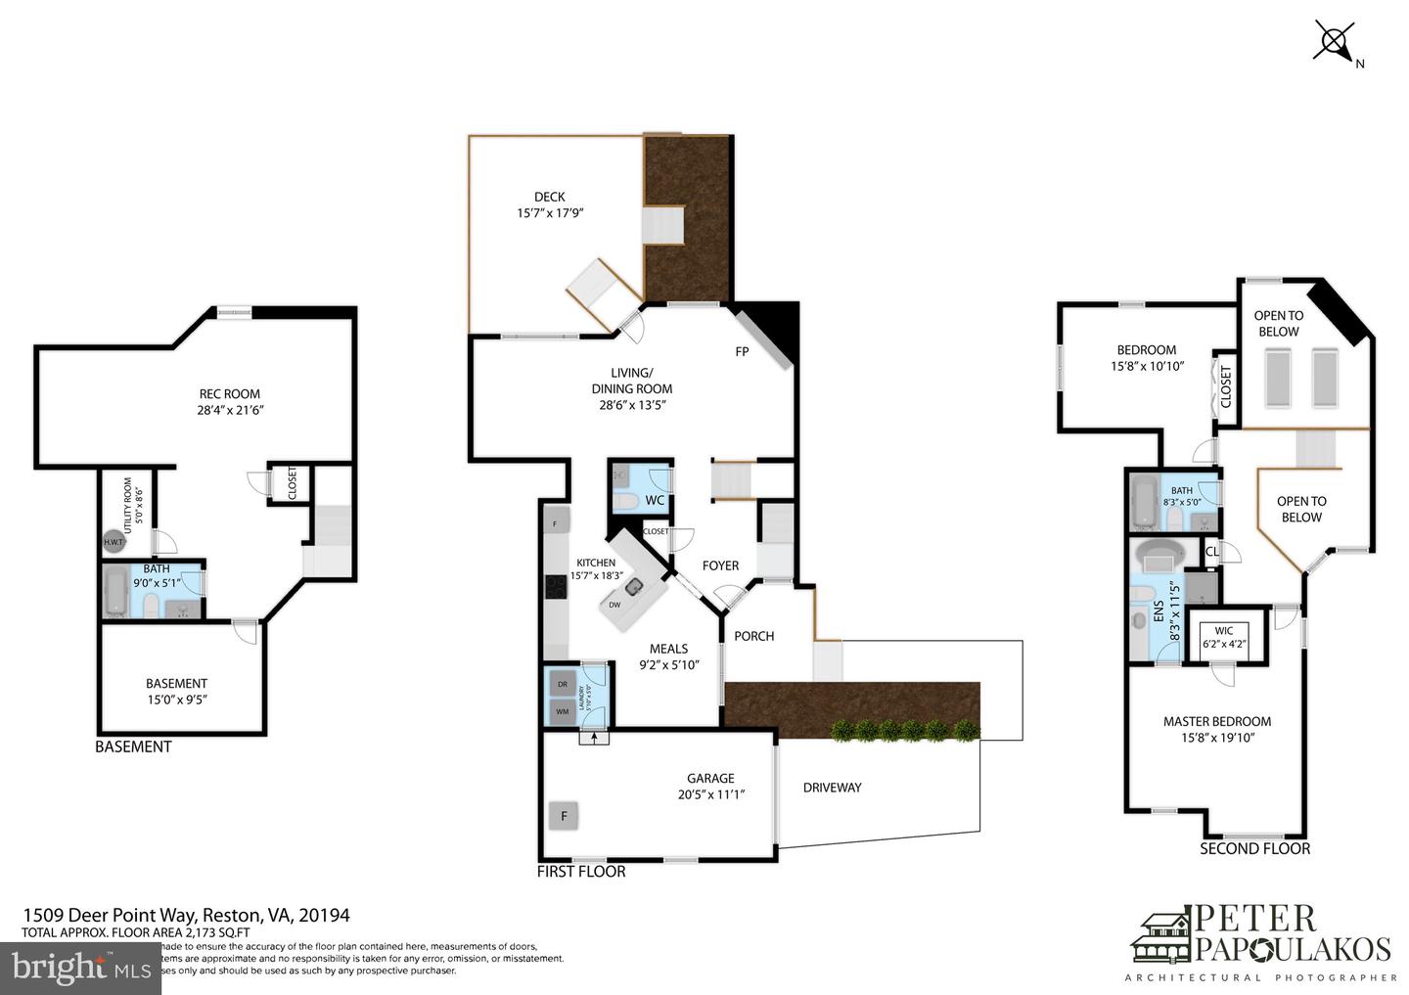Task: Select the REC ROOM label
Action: pos(229,394)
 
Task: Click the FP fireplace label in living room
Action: pos(742,351)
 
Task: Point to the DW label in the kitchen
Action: pos(614,605)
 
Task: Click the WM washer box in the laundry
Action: pos(563,711)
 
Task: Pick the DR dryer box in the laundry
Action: pos(563,685)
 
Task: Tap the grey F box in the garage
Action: pos(564,815)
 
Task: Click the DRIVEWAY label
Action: pos(832,788)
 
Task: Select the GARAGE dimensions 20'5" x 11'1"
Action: pos(711,795)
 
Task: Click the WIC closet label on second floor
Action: pos(1223,630)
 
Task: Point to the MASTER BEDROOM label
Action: pos(1217,721)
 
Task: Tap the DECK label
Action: pos(549,197)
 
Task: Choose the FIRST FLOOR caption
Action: pos(581,871)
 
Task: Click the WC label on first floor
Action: pos(655,500)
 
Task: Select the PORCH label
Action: pos(753,636)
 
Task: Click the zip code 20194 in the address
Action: pos(326,916)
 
